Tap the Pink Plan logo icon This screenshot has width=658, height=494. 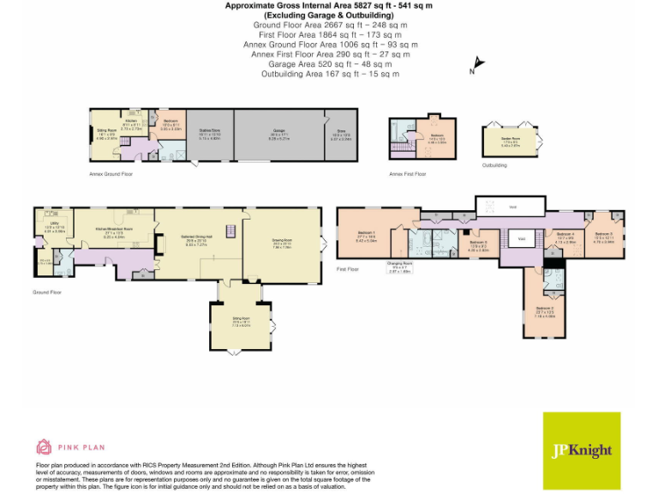pos(44,446)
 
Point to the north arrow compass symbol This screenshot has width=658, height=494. pos(476,65)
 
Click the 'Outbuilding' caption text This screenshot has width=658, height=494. pos(494,165)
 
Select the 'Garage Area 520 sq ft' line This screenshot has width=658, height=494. pos(330,63)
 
